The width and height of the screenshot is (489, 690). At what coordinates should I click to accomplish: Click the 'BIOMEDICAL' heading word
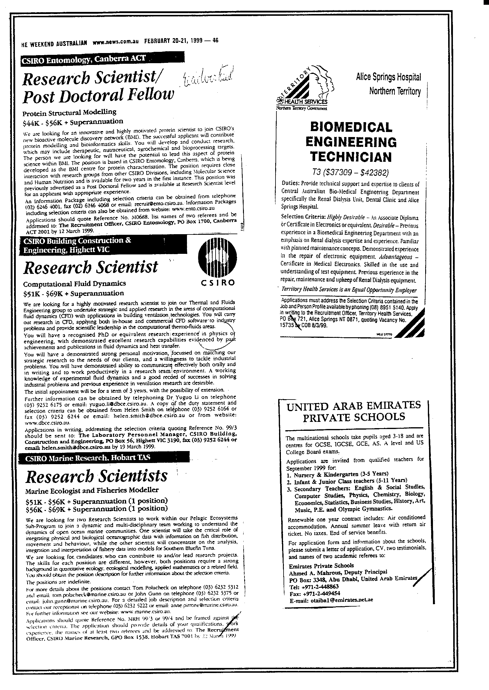click(351, 127)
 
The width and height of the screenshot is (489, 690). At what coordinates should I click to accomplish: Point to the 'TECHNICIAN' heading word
click(351, 157)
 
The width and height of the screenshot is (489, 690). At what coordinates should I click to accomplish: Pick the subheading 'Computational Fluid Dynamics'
click(74, 283)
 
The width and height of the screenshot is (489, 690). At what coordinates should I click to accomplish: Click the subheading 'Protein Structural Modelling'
click(69, 113)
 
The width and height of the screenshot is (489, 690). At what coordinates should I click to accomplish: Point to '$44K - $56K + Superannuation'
click(72, 122)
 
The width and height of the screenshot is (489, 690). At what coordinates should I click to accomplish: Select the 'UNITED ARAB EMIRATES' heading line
click(354, 406)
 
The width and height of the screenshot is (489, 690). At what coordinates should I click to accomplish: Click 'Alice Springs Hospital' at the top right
click(388, 77)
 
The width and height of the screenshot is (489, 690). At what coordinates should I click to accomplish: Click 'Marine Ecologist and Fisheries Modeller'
click(92, 491)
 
